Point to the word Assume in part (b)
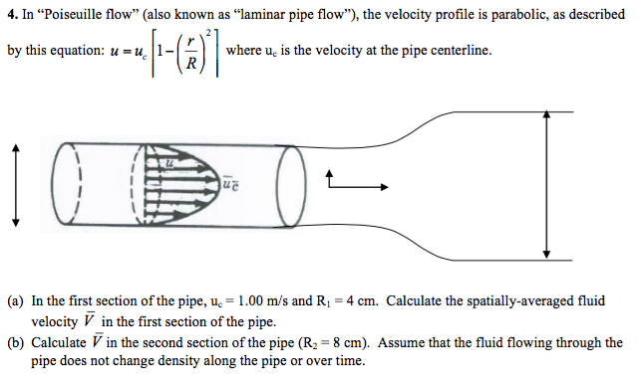(x=401, y=343)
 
